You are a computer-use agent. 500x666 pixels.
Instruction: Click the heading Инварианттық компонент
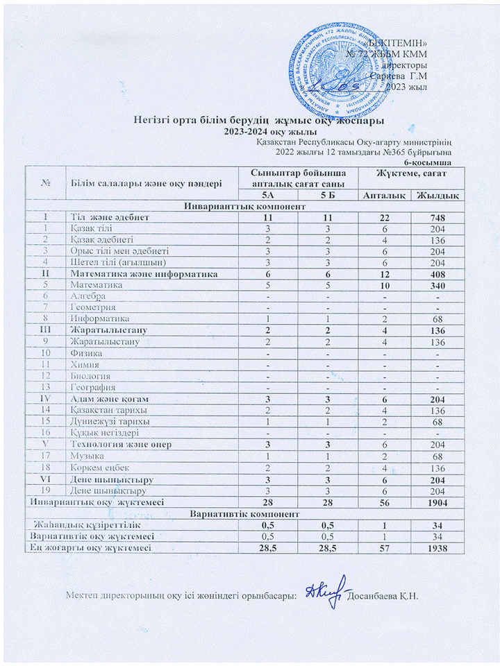[234, 207]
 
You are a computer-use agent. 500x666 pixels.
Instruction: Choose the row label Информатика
[98, 318]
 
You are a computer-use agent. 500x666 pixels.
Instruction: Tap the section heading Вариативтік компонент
[234, 514]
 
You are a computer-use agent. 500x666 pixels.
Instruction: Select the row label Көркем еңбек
[98, 467]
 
